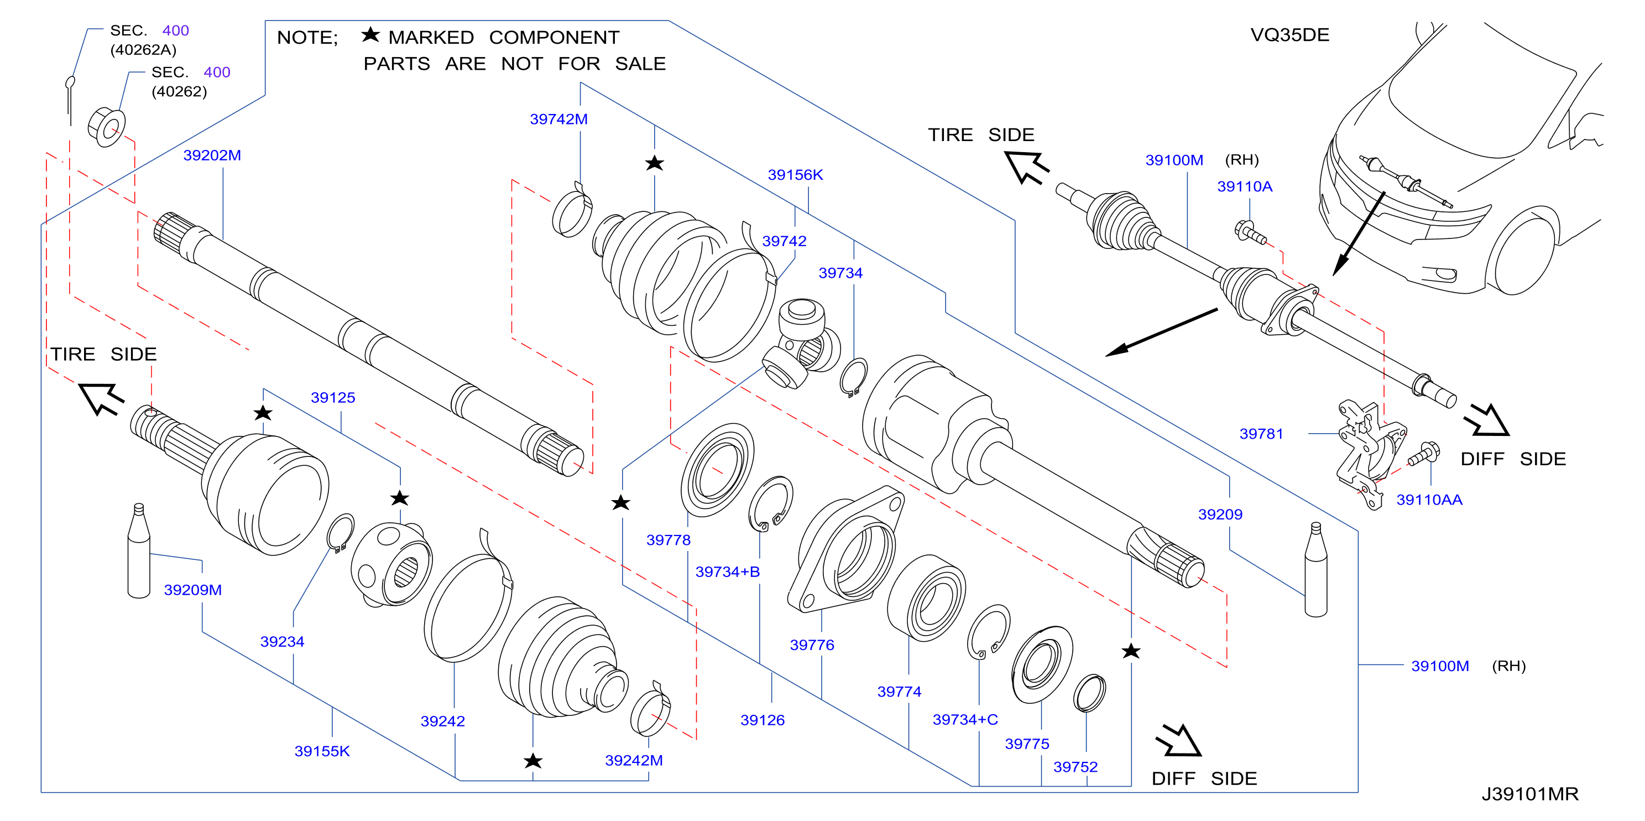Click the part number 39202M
(x=212, y=155)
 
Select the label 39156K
(x=795, y=174)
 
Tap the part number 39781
(x=1261, y=434)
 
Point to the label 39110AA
(x=1429, y=500)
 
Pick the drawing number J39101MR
(x=1529, y=794)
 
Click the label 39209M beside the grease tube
(x=193, y=590)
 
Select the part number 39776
(x=812, y=645)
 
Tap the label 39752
(x=1075, y=767)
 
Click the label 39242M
(x=634, y=760)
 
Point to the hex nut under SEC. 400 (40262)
(x=107, y=128)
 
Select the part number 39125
(x=333, y=397)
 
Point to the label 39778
(x=668, y=540)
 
